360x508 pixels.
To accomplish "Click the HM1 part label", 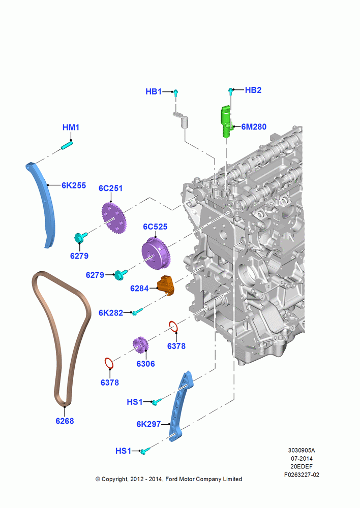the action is (71, 128).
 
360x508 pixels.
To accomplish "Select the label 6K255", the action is (74, 185).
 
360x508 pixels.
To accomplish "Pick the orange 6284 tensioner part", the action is (166, 285).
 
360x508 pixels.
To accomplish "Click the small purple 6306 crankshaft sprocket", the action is (140, 345).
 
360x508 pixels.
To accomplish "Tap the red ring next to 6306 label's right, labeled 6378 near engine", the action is (173, 327).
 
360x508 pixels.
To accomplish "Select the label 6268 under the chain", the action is (65, 421).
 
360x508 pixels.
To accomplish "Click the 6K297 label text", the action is (148, 424).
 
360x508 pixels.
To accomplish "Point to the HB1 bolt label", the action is (154, 91).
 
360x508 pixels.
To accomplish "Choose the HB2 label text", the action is (253, 90).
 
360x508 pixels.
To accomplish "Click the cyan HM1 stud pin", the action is (67, 145).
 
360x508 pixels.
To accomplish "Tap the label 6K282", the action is (111, 313).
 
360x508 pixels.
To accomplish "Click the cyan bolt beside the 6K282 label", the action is (137, 312).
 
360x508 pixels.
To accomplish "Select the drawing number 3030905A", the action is (302, 450).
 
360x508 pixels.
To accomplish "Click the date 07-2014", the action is (302, 458).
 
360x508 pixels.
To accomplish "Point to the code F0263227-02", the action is (302, 474).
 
